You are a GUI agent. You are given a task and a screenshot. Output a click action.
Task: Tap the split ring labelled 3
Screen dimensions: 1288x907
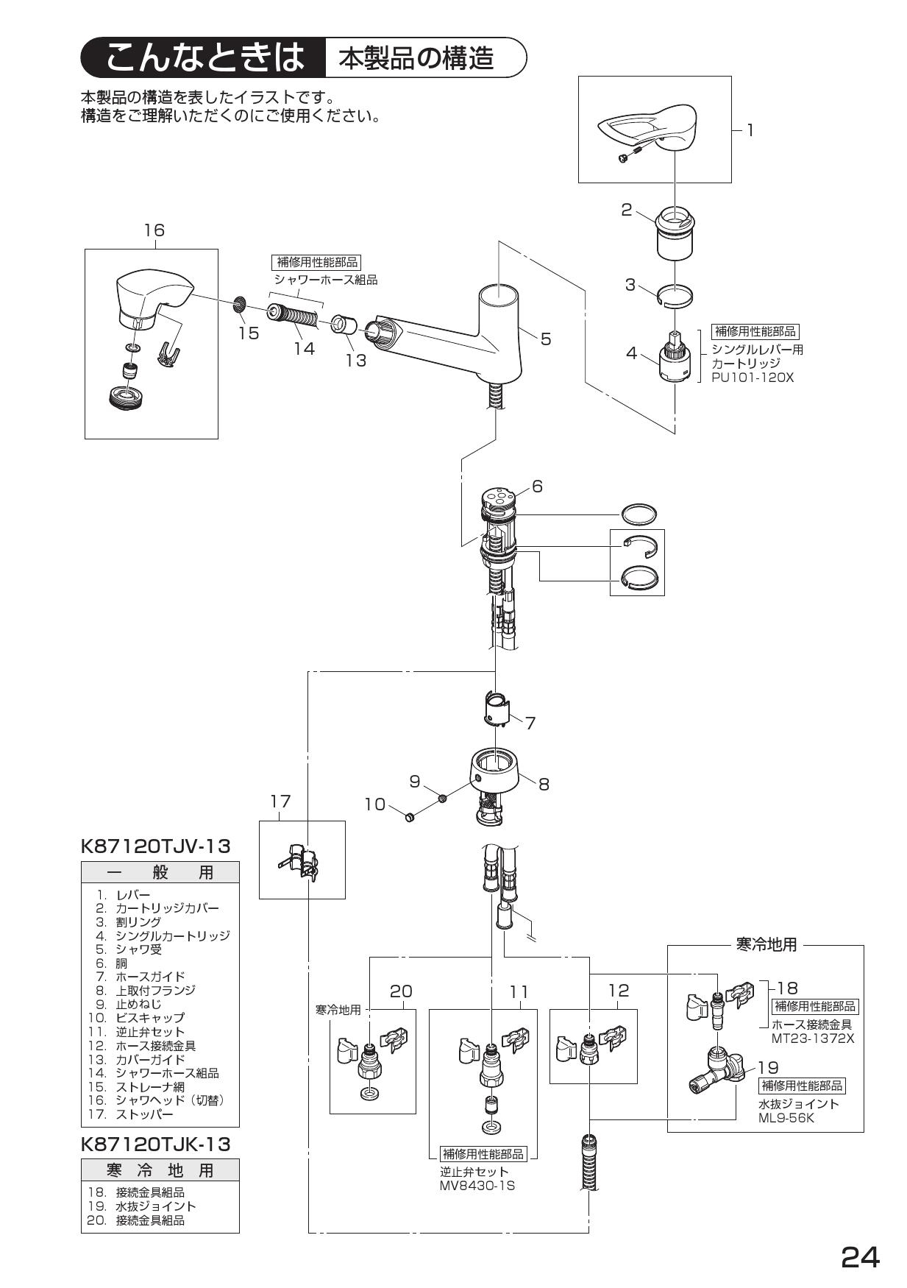pos(675,295)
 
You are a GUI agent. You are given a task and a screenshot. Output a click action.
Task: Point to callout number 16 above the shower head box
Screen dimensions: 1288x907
pos(154,230)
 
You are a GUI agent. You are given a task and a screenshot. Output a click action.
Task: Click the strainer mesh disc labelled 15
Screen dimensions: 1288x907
pos(238,303)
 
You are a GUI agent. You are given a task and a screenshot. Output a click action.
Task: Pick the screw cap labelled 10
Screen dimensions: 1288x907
pos(411,815)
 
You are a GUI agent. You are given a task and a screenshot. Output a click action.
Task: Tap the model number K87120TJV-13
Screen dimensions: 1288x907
pos(155,846)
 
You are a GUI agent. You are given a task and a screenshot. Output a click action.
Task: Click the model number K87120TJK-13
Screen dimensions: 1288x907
pos(155,1144)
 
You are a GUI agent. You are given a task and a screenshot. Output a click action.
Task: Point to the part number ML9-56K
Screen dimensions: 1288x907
pos(786,1118)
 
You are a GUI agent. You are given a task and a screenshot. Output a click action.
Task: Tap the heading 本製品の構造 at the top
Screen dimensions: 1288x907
pos(416,58)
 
